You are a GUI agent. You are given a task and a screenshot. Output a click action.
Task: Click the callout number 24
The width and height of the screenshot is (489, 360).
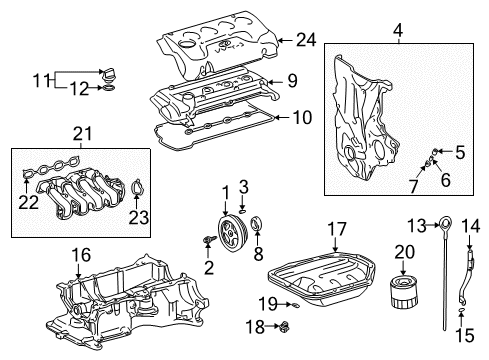click(306, 40)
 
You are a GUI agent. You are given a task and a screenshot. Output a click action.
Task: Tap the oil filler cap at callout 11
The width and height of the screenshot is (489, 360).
click(109, 74)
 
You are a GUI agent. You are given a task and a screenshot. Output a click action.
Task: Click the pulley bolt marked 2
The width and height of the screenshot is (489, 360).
click(209, 239)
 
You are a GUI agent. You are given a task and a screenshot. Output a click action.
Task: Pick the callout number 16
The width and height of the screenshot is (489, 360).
click(81, 255)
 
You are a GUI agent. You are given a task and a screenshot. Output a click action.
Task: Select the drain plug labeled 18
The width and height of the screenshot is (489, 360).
click(285, 327)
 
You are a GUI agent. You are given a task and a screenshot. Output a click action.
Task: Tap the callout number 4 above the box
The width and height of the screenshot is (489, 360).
click(398, 30)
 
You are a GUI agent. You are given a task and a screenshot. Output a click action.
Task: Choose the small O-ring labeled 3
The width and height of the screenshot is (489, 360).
click(243, 211)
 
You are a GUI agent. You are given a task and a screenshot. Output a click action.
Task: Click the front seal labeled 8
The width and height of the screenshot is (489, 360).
click(258, 223)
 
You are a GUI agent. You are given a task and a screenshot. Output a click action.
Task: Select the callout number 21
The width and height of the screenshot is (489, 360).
click(82, 134)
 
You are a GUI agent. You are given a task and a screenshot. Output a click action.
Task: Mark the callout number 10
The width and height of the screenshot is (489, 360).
click(303, 117)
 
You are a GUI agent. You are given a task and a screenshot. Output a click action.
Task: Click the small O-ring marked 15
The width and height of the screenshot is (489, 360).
click(461, 311)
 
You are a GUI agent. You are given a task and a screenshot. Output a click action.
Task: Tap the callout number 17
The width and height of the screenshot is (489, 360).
click(337, 229)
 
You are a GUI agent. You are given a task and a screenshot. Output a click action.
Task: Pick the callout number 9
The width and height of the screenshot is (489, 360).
click(292, 80)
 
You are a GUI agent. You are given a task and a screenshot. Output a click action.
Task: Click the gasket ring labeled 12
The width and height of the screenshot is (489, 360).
click(109, 88)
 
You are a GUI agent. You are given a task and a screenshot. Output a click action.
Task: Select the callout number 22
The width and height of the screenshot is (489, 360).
click(28, 202)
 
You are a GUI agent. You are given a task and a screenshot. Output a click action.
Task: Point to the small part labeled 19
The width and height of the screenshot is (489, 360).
click(296, 305)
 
